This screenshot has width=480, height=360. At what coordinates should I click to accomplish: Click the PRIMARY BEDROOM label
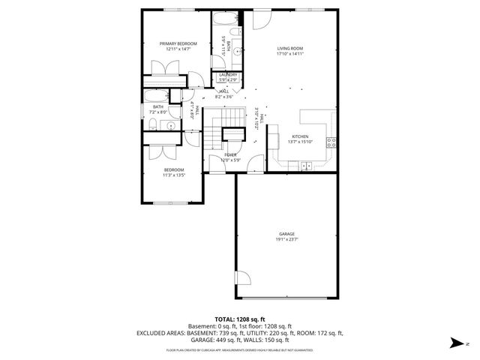tap(178, 43)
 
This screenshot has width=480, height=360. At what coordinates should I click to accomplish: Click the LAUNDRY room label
tap(228, 74)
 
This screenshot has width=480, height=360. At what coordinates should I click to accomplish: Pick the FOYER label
tap(229, 154)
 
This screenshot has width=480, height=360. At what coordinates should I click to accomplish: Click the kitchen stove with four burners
tap(331, 142)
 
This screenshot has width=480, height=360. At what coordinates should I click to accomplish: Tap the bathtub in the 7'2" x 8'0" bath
tap(157, 96)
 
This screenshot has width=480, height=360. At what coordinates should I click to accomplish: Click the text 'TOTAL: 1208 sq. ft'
tap(240, 319)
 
